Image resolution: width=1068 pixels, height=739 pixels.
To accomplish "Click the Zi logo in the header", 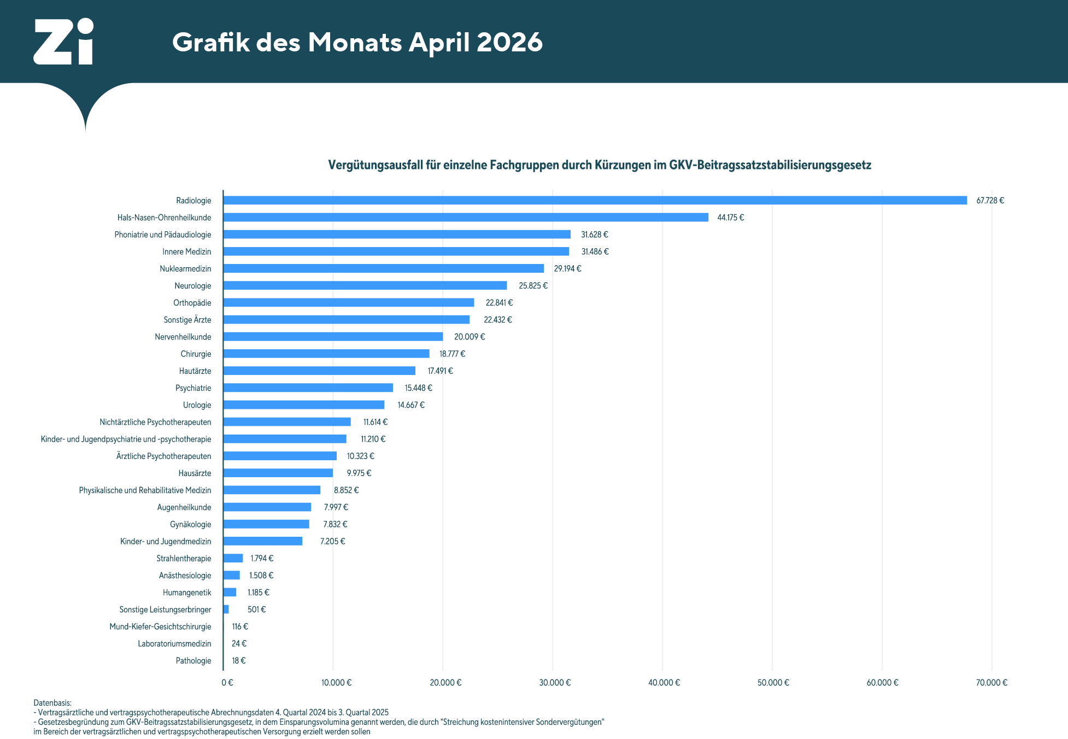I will (63, 42).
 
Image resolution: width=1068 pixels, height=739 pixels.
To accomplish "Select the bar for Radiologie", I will (595, 201).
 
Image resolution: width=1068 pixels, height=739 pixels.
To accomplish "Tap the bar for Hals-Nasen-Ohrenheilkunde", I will (466, 218).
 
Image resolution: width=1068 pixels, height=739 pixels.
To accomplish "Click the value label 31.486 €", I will (595, 252).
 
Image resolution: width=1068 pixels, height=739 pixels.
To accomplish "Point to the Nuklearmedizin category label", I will (185, 269).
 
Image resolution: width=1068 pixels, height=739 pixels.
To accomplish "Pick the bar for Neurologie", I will (365, 286).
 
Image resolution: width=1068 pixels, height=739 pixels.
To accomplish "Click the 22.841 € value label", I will (499, 303).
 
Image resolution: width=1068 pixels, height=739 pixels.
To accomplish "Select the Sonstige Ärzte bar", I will (347, 320).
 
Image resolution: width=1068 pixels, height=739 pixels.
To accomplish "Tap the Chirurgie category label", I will (196, 354).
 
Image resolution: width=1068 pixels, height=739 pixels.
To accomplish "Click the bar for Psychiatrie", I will (308, 388).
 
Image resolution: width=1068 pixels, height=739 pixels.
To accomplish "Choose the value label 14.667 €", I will (411, 405).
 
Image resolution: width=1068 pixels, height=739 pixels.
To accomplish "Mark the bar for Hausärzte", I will (278, 473).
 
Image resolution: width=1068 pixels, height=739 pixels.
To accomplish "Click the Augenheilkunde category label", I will (184, 508).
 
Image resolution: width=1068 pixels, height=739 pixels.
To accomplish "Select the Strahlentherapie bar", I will (233, 559).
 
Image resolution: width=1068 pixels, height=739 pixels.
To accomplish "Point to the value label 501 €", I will (256, 609).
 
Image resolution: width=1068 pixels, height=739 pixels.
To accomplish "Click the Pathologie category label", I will (193, 661).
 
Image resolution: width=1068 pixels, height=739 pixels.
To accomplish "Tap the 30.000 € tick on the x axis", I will (555, 683).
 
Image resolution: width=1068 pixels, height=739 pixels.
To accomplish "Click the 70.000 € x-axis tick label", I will (991, 683).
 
